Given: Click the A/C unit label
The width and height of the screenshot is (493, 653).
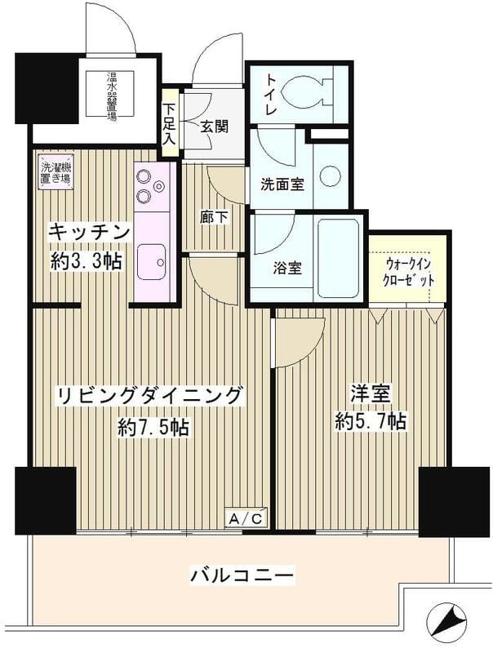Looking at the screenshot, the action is (x=246, y=518).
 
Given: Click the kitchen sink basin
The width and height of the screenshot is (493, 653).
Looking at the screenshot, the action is (x=152, y=262).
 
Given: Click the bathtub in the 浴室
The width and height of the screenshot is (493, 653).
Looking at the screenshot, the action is (x=338, y=258).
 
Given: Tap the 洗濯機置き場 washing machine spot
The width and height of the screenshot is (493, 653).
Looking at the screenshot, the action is (x=56, y=173).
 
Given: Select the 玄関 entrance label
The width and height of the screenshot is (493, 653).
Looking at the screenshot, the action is (x=215, y=127).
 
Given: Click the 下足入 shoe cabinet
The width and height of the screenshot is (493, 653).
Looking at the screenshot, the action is (x=169, y=123).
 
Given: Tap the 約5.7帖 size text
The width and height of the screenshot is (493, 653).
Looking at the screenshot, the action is (x=371, y=421).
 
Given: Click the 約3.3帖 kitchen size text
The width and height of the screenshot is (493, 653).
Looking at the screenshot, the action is (x=87, y=260).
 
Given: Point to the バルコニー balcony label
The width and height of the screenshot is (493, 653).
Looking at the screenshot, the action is (x=242, y=575).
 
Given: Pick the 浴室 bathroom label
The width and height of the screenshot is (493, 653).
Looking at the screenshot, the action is (x=287, y=269).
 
